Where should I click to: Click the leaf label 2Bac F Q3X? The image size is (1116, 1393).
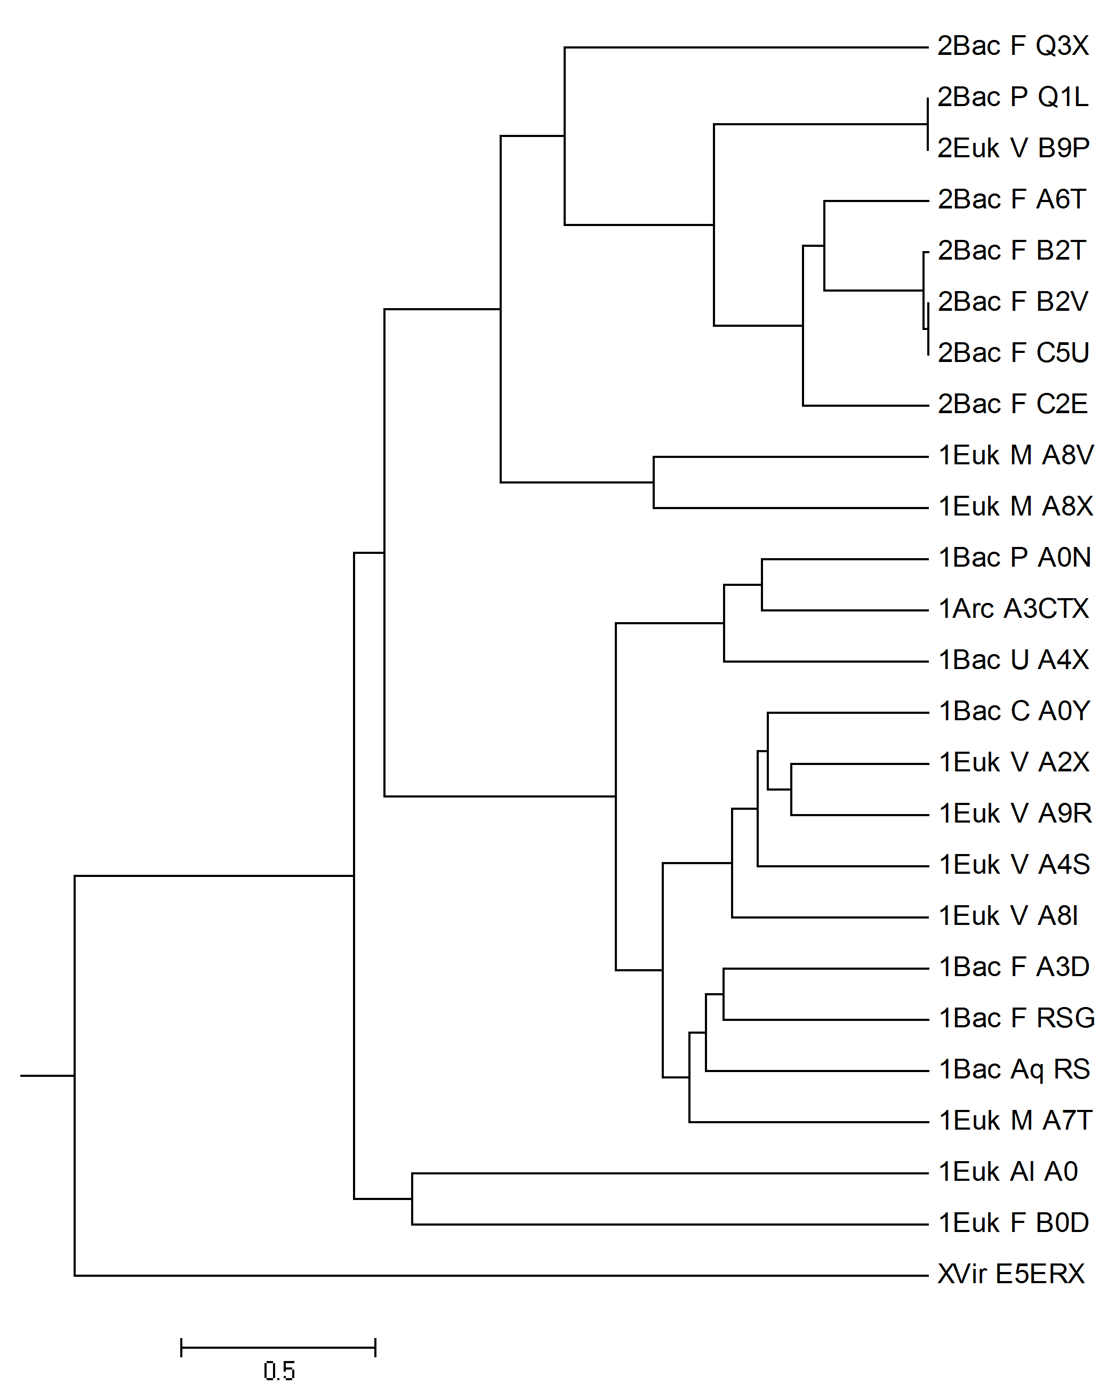1013,46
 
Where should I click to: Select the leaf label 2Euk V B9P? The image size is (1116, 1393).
1013,148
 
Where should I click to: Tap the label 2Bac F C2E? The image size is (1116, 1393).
1013,404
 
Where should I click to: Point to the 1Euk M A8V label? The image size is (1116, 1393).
1016,455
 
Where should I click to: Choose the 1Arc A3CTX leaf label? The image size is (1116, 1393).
1013,609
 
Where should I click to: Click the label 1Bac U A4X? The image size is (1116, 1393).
1013,659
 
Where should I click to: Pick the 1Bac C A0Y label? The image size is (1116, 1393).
1014,711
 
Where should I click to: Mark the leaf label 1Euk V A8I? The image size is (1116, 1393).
1008,915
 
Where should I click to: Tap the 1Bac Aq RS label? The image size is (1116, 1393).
1014,1069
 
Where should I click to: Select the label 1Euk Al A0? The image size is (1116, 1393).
1008,1171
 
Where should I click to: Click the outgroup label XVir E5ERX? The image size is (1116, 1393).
1010,1274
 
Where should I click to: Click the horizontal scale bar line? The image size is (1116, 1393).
278,1348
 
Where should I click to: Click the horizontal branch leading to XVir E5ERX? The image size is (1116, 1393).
501,1275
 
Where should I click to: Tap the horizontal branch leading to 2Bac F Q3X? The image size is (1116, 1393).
746,47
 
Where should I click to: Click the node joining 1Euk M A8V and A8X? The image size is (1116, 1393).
654,482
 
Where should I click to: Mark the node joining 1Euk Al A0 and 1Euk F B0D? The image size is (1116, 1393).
412,1198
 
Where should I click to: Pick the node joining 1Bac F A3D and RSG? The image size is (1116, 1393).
724,994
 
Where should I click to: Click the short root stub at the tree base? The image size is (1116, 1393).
47,1076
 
